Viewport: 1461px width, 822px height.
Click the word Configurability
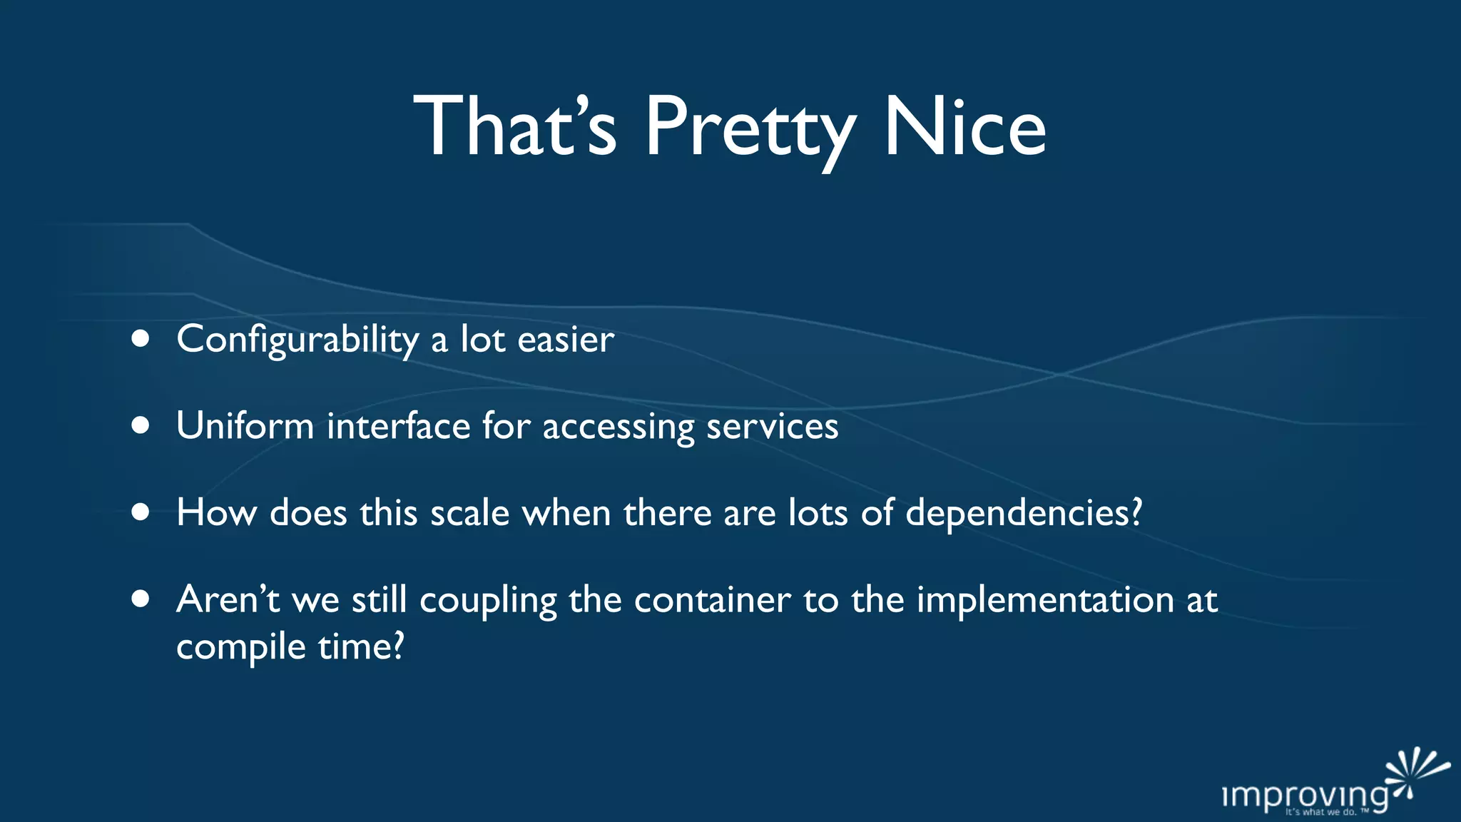tap(297, 340)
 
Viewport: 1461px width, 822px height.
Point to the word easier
tap(566, 340)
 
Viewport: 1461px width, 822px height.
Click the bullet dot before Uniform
tap(141, 426)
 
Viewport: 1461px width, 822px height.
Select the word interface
tap(398, 426)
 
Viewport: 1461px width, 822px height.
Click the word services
tap(772, 426)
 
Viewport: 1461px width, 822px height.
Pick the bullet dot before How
tap(141, 512)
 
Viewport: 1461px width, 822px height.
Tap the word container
tap(712, 599)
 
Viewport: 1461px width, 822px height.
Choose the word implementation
tap(1045, 599)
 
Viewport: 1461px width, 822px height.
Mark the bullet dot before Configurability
tap(141, 339)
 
